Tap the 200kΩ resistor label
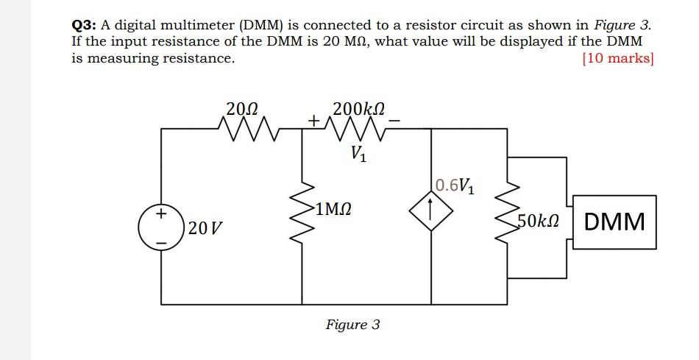pos(358,108)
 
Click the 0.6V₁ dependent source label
pos(455,185)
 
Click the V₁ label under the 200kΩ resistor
pos(358,155)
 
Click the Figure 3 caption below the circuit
pos(353,325)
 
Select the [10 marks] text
pos(617,58)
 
